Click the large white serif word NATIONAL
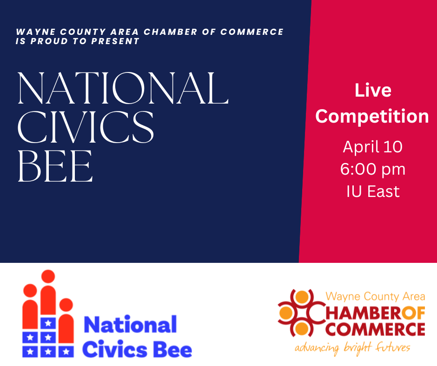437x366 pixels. point(123,88)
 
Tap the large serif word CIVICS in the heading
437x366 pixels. point(86,127)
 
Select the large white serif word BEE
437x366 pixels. point(55,166)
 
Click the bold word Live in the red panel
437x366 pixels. point(373,90)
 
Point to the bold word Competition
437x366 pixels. point(372,117)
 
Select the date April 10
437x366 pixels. point(373,146)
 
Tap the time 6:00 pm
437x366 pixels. point(373,169)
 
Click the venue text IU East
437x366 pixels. point(373,191)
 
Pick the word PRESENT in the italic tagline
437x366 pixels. point(115,41)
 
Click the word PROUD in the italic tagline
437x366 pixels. point(49,41)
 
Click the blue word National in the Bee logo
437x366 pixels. point(130,325)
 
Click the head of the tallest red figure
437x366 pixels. point(48,276)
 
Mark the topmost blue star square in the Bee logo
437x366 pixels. point(48,323)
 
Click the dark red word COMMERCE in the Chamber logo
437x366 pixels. point(375,329)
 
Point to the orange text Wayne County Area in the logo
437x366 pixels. point(376,297)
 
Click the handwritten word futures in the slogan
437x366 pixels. point(393,347)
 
